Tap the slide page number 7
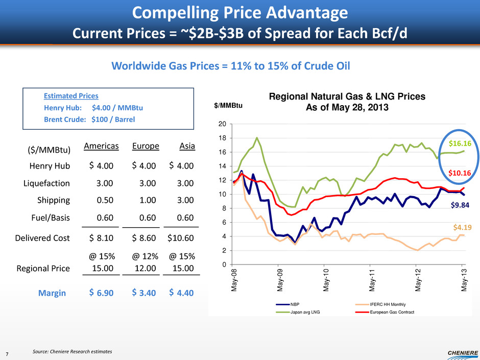pos(6,352)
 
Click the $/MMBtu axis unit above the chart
pos(228,106)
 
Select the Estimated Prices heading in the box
pos(70,95)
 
